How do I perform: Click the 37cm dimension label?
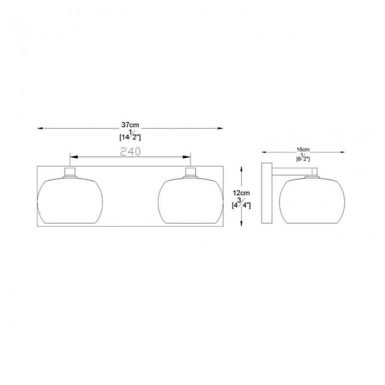click(130, 125)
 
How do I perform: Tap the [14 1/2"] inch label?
click(130, 136)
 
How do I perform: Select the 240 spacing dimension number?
click(130, 151)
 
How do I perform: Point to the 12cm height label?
click(241, 193)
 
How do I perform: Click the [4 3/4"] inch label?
click(241, 204)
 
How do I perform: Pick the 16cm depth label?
click(303, 150)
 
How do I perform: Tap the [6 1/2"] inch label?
click(303, 157)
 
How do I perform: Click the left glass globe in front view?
click(70, 201)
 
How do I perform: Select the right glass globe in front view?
click(190, 201)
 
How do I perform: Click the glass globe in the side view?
click(312, 201)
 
